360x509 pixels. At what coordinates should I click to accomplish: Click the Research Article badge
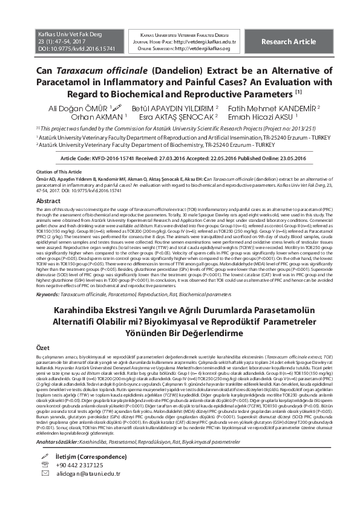tap(288, 41)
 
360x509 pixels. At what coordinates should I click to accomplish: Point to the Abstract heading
tap(48, 201)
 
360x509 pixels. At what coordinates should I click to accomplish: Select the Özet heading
tap(44, 349)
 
